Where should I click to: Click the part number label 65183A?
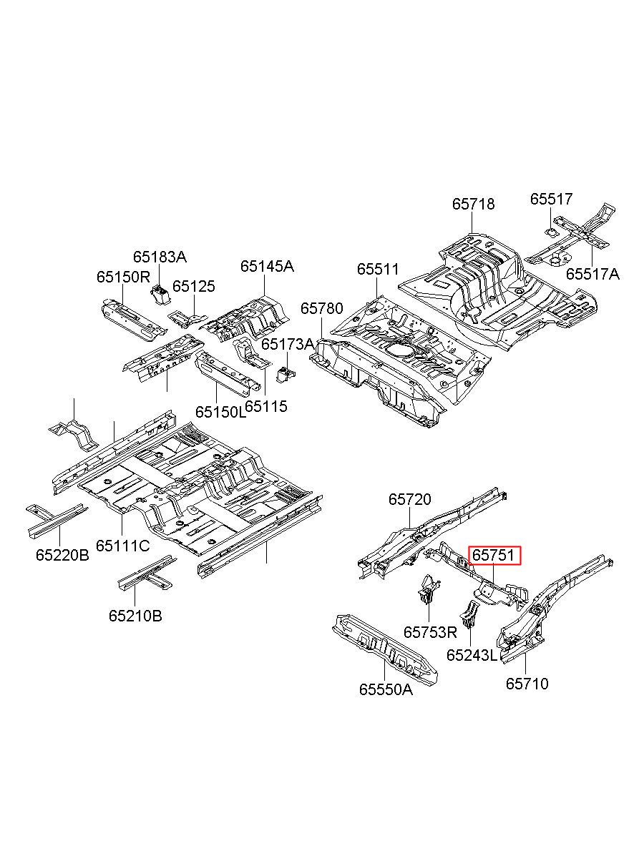(x=160, y=257)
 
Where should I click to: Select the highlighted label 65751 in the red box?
(x=494, y=555)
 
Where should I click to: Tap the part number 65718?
(x=473, y=204)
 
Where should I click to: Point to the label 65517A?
(x=592, y=274)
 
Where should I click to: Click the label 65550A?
(x=386, y=689)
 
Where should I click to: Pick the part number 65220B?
(x=62, y=555)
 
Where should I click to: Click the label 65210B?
(x=135, y=616)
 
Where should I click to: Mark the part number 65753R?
(x=430, y=632)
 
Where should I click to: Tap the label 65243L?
(x=471, y=655)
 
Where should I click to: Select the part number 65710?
(x=527, y=684)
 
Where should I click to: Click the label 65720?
(x=409, y=499)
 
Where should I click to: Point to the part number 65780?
(x=322, y=308)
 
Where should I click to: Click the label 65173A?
(x=288, y=344)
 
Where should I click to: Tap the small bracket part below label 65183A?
(x=159, y=295)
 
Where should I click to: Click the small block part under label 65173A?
(x=286, y=375)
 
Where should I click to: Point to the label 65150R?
(x=122, y=277)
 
